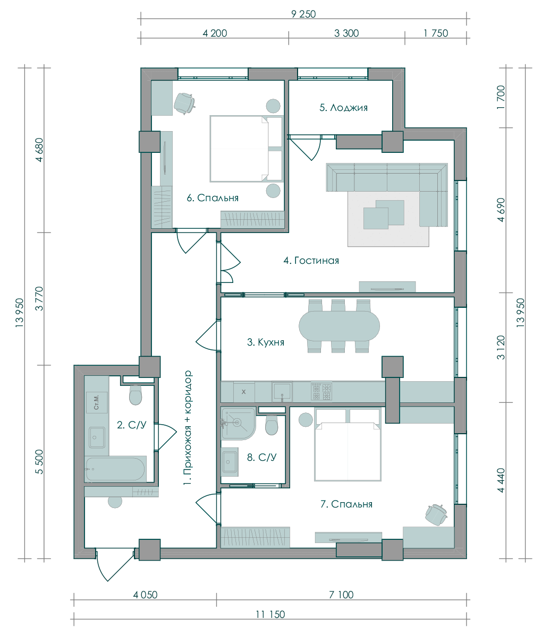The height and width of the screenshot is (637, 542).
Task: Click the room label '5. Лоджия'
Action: (x=343, y=108)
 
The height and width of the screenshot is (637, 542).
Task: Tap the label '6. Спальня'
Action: (x=213, y=197)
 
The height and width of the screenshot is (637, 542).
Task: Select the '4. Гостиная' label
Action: (x=311, y=261)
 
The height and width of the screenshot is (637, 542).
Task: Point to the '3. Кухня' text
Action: (x=266, y=342)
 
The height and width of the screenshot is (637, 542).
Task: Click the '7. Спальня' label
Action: (x=346, y=504)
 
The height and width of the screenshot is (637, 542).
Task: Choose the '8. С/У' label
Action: (x=261, y=458)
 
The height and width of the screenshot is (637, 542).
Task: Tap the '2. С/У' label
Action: (x=131, y=425)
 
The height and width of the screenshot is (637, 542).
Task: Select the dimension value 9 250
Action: (x=303, y=14)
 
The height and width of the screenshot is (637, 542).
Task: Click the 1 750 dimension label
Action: (x=436, y=33)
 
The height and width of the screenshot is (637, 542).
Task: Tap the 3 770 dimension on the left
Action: (x=39, y=299)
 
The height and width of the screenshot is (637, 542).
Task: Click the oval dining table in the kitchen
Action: (x=339, y=326)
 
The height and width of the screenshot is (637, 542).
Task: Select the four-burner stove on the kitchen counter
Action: (x=321, y=391)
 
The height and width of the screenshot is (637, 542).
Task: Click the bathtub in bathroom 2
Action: (x=115, y=469)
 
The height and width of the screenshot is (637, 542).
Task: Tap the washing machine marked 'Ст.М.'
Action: (x=97, y=402)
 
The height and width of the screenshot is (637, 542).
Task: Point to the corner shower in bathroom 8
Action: (x=238, y=423)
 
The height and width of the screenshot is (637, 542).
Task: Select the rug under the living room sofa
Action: (x=388, y=219)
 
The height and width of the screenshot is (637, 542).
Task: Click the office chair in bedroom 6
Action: (x=184, y=103)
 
